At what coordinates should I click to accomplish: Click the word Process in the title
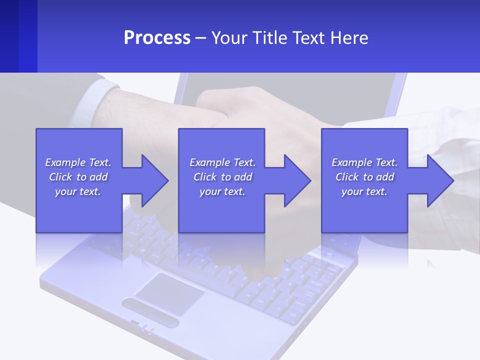point(157,38)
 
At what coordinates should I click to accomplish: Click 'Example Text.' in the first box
point(78,162)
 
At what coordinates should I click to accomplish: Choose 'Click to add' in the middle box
point(222,177)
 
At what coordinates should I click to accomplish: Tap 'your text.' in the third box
point(364,191)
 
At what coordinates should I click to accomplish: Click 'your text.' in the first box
point(78,191)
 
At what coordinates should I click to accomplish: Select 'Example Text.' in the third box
point(364,162)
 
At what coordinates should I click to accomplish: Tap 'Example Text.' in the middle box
point(222,162)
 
